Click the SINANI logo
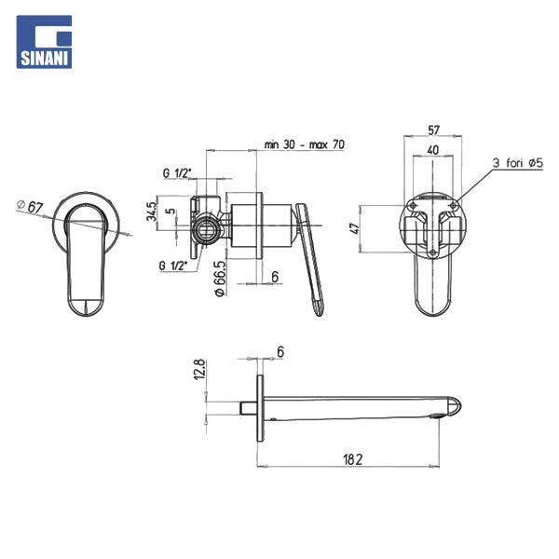pos(44,42)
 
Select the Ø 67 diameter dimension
pos(30,206)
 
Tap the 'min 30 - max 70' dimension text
pos(304,144)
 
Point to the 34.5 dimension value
pos(152,211)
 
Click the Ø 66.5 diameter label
pos(220,279)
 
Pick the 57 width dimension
pos(433,130)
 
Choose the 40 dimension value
pos(433,150)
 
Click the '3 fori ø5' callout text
pos(518,163)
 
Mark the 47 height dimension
pos(355,228)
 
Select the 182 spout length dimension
pos(353,459)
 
